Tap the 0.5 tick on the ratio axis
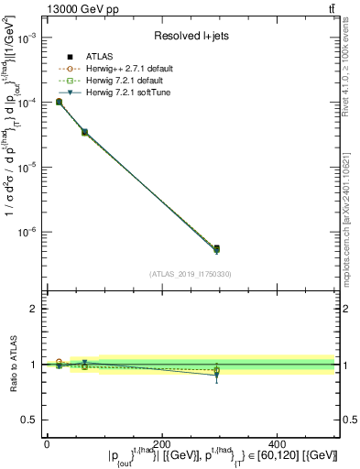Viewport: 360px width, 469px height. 29,420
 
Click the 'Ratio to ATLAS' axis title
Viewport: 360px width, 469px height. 11,365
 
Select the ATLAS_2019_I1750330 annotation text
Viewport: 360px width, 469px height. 190,273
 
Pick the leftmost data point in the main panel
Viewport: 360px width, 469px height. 59,102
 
